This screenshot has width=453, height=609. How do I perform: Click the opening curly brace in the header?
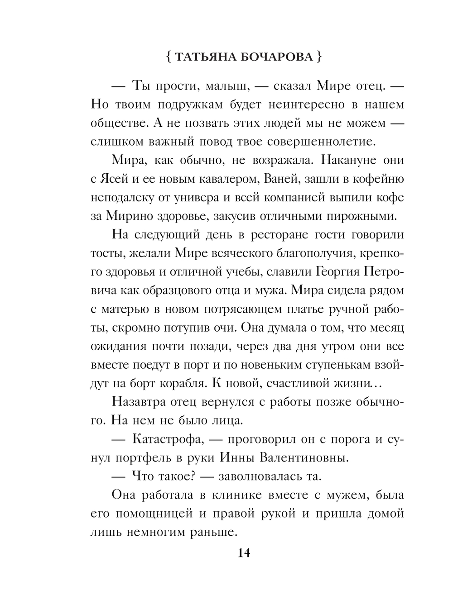[168, 57]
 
